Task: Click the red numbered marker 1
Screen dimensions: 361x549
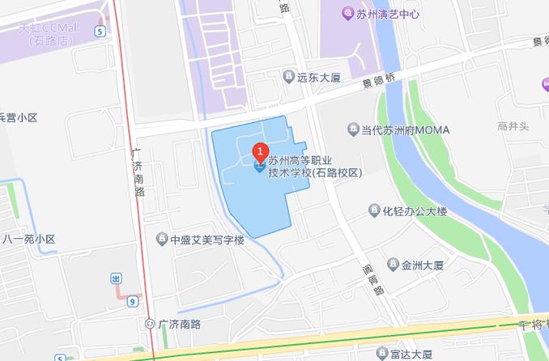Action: click(260, 151)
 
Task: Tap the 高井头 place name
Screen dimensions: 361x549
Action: click(513, 125)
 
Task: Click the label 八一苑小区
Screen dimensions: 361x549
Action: click(28, 240)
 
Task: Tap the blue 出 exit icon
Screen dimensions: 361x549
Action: click(116, 278)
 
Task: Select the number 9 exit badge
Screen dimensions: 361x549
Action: click(131, 301)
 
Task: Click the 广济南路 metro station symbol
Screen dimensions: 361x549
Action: click(150, 325)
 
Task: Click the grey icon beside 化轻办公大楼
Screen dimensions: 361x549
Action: click(373, 211)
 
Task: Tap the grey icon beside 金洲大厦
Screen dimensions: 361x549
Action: click(393, 265)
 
